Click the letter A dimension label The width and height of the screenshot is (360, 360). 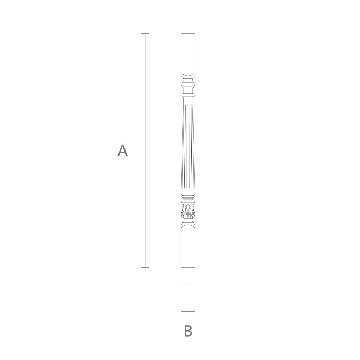point(123,150)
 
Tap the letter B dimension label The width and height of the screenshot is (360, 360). point(188,331)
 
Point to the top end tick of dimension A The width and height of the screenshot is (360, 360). point(145,34)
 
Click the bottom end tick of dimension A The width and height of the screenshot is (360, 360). point(145,267)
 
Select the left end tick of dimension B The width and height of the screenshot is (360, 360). point(181,312)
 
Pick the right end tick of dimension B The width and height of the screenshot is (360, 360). point(195,312)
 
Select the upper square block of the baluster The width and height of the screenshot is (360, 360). point(188,55)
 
